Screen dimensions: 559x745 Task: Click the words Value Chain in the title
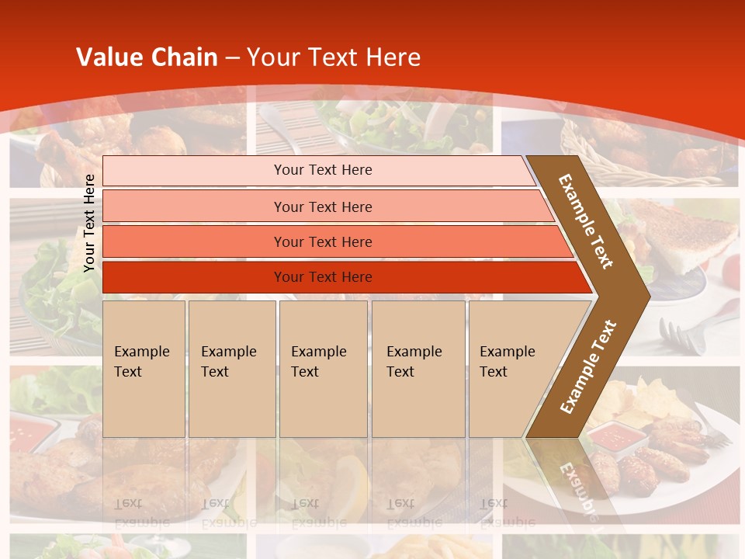point(147,57)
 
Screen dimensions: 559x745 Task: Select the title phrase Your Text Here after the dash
point(334,57)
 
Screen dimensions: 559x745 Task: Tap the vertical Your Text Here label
point(89,223)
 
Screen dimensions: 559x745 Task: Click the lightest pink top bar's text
point(323,170)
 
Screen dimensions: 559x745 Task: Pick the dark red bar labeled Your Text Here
point(323,277)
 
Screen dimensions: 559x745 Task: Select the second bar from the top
point(323,207)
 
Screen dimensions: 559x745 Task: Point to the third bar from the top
point(323,241)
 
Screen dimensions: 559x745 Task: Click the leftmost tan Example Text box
point(143,369)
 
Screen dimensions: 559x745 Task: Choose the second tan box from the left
point(231,369)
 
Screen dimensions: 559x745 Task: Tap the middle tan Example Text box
point(323,369)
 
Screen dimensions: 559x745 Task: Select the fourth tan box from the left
point(418,369)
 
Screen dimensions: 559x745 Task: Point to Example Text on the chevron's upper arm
point(586,221)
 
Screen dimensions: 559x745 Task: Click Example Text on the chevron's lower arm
point(588,367)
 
